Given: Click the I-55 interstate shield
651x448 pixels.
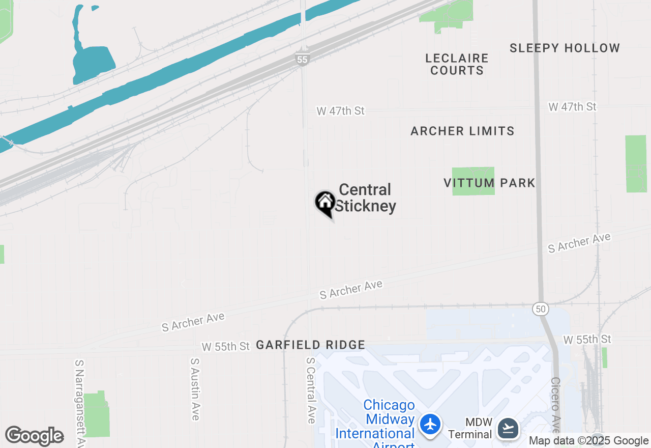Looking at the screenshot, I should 303,60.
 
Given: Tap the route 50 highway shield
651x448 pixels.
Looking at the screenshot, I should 540,309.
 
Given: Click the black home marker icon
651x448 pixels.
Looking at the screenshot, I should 325,203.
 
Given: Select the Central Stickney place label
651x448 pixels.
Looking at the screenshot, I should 365,198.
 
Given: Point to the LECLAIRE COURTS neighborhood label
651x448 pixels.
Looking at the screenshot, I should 457,64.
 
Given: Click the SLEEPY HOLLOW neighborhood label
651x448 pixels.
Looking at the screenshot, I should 565,48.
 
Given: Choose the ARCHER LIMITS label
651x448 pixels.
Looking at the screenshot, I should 462,131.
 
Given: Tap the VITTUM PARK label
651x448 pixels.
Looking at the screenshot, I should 489,183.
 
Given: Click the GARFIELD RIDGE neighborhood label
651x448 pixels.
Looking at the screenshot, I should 310,345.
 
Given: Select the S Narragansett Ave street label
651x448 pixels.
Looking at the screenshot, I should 79,402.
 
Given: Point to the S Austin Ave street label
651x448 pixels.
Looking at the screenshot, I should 195,389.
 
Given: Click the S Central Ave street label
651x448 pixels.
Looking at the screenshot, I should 310,390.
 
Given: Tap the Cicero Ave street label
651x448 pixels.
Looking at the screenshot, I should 556,407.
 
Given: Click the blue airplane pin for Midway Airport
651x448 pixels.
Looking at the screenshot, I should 430,424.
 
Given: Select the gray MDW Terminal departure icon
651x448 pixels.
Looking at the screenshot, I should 508,428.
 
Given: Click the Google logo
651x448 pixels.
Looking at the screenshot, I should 35,436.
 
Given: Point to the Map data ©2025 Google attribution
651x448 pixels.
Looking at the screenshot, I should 588,441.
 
